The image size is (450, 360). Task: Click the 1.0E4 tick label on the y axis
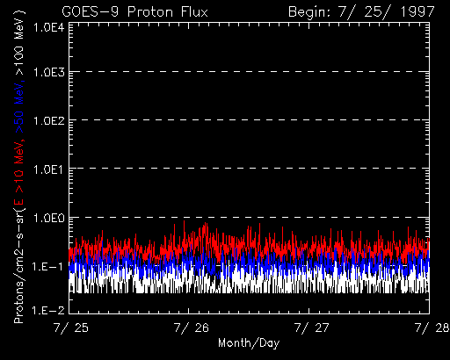click(49, 28)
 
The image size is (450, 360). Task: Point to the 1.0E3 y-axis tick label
click(49, 72)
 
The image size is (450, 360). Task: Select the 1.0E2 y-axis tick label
click(49, 120)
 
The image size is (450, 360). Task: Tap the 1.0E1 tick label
click(49, 169)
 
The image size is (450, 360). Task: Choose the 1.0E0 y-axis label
click(49, 218)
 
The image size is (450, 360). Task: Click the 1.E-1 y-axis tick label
click(47, 267)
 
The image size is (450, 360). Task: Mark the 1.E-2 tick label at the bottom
click(47, 310)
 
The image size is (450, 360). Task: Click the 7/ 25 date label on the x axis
click(71, 328)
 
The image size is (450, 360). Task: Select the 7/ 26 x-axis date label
click(192, 328)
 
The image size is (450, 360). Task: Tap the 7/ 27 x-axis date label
click(311, 328)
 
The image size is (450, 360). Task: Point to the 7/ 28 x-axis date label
click(432, 328)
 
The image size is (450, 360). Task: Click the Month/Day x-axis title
click(249, 343)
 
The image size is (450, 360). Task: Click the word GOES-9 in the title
click(91, 12)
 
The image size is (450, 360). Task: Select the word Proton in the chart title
click(150, 12)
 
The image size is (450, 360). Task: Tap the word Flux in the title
click(194, 12)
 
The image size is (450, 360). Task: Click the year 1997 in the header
click(417, 12)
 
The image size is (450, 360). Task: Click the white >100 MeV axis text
click(19, 45)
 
